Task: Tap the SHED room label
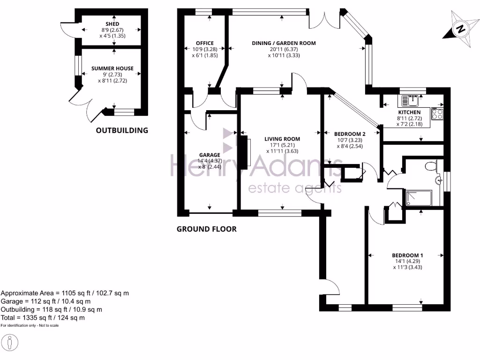pyautogui.click(x=112, y=24)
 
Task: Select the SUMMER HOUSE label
pyautogui.click(x=112, y=68)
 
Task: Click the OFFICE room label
pyautogui.click(x=205, y=43)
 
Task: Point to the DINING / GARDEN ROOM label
pyautogui.click(x=284, y=43)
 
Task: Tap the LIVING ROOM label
pyautogui.click(x=282, y=139)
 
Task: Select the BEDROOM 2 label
pyautogui.click(x=350, y=133)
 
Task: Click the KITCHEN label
pyautogui.click(x=409, y=112)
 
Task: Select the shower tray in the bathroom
pyautogui.click(x=419, y=198)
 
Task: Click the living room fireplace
pyautogui.click(x=243, y=152)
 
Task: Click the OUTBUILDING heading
pyautogui.click(x=122, y=130)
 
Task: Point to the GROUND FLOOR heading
pyautogui.click(x=206, y=229)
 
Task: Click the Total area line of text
pyautogui.click(x=43, y=317)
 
